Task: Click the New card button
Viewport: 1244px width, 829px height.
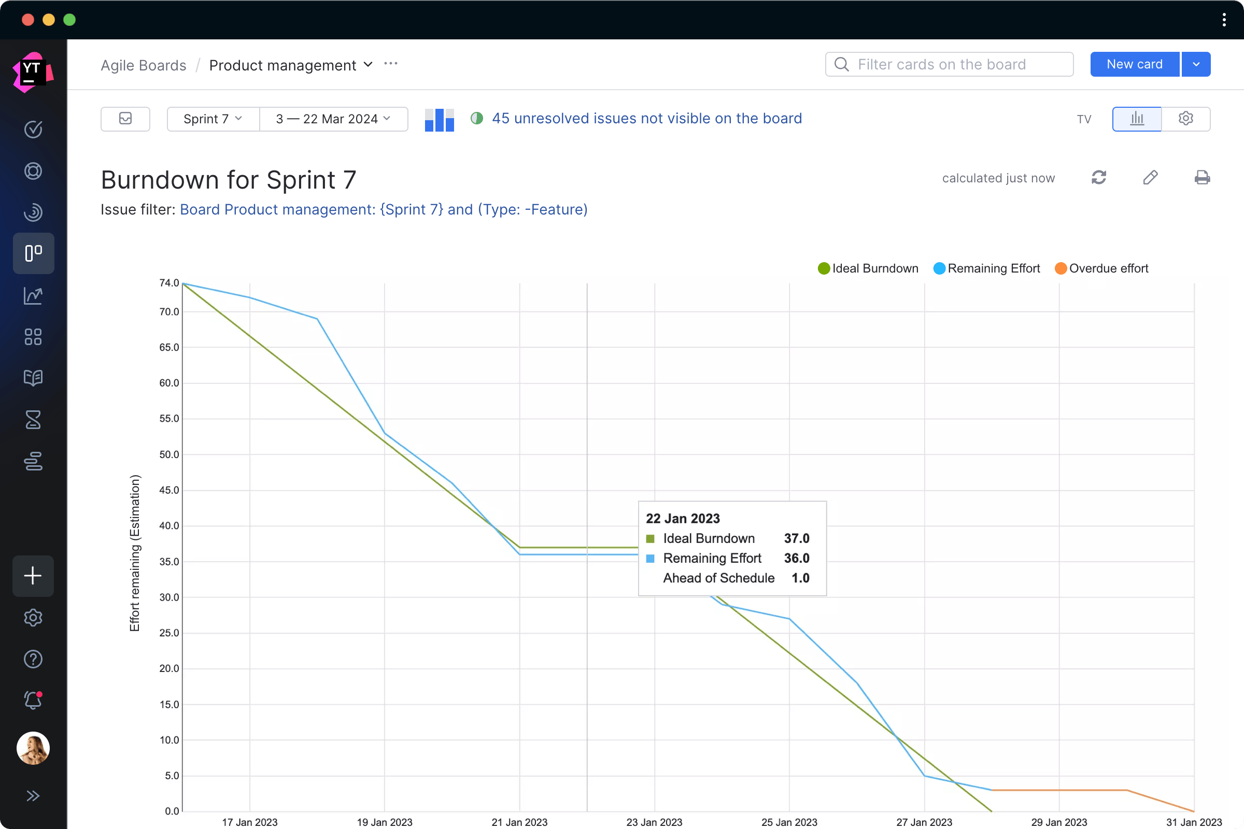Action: tap(1134, 64)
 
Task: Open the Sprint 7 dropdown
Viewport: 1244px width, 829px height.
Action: tap(213, 119)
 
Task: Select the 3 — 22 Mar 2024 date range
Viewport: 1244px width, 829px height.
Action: tap(333, 119)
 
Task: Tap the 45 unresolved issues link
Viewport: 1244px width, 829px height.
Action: tap(646, 119)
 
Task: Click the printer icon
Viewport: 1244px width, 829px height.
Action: tap(1201, 178)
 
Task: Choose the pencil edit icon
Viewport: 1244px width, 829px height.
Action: tap(1150, 178)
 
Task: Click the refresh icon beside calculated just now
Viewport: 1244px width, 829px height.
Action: tap(1098, 178)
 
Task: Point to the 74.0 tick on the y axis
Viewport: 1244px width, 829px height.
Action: tap(169, 283)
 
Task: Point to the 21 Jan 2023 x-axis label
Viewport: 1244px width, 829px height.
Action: tap(519, 822)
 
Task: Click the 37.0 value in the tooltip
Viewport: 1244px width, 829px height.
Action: tap(796, 538)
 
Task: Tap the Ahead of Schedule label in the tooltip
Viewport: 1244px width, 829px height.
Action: tap(718, 578)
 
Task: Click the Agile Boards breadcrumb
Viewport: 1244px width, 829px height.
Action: tap(144, 66)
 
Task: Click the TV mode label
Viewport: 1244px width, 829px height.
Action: tap(1084, 120)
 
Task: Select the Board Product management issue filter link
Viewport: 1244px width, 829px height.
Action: tap(384, 210)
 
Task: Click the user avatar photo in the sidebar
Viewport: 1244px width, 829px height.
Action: tap(33, 748)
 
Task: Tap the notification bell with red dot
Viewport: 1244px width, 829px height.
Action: tap(33, 701)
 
